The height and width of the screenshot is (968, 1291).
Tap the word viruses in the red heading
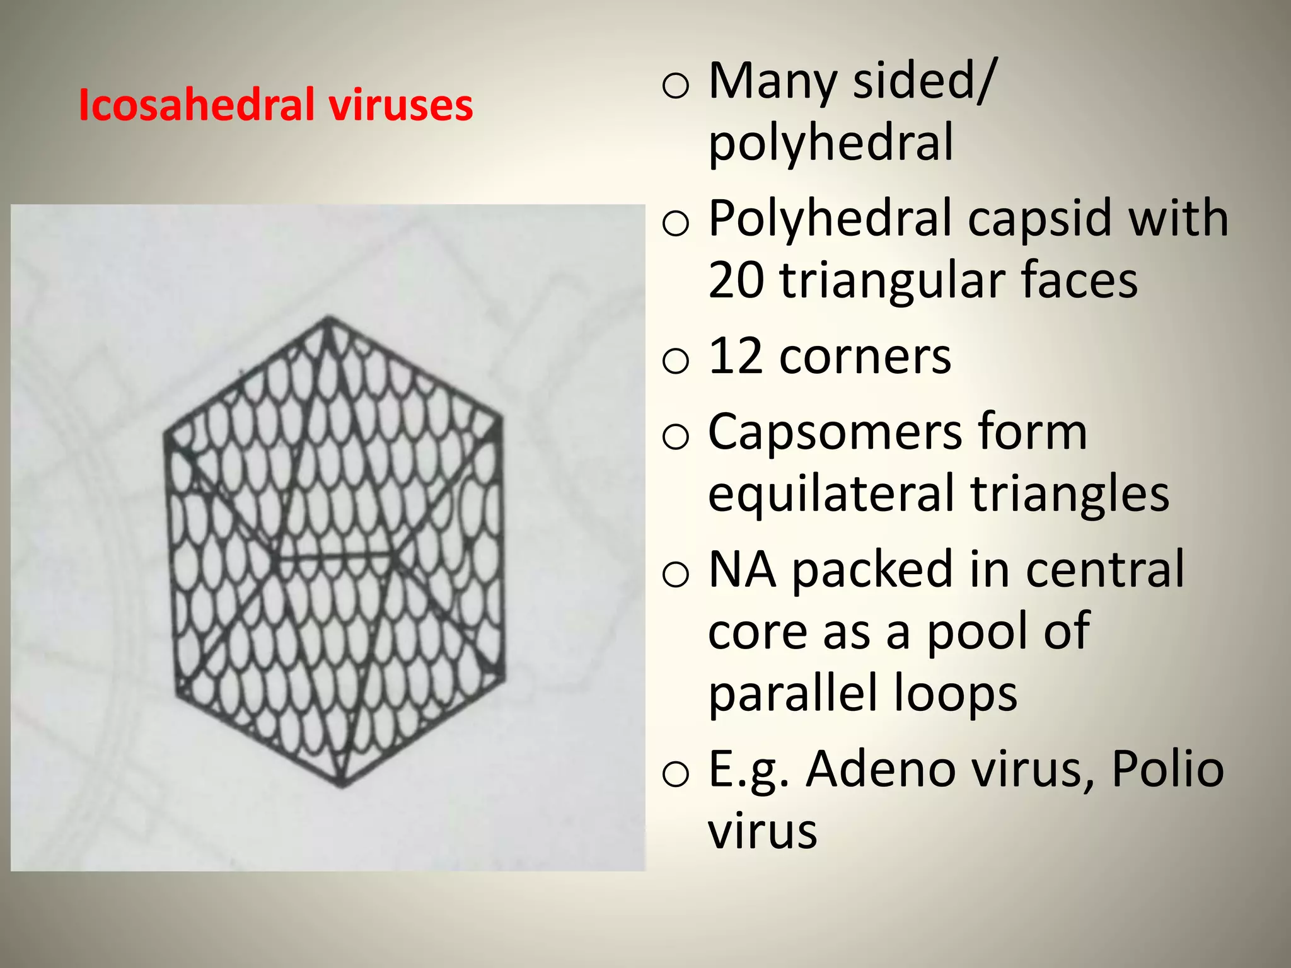coord(400,105)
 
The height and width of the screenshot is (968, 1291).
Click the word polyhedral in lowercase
coord(831,143)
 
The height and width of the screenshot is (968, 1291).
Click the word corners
coord(865,357)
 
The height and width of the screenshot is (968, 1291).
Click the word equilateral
coord(833,493)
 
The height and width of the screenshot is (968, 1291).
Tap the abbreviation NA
coord(742,570)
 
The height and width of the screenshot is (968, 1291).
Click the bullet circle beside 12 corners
coord(676,361)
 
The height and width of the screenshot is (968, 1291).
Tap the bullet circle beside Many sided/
coord(676,86)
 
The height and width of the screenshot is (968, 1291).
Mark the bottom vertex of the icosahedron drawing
coord(342,785)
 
